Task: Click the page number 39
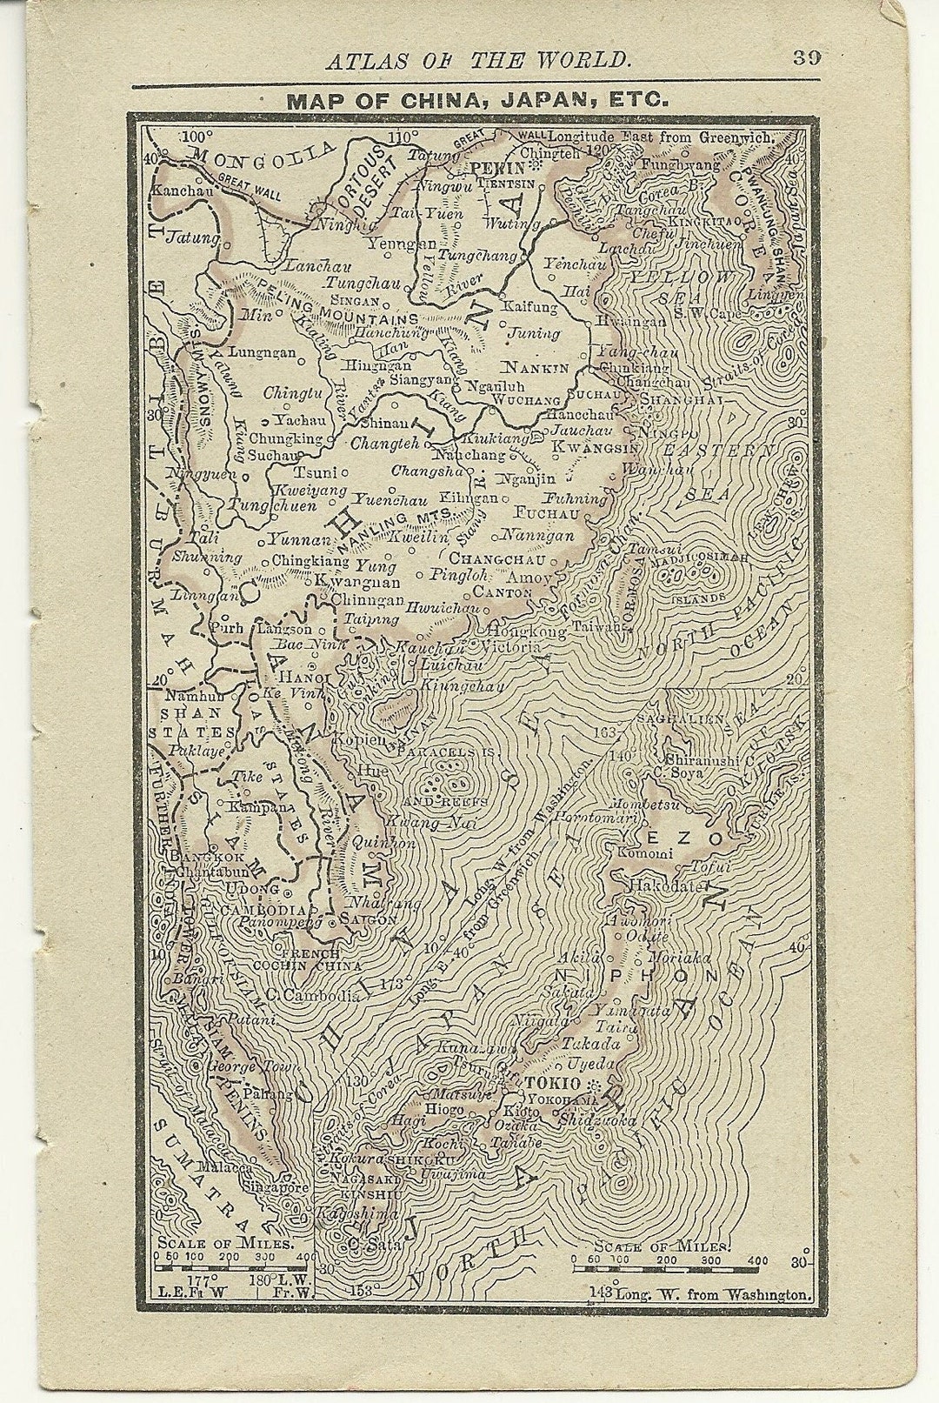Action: pos(806,58)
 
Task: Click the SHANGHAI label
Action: pos(681,398)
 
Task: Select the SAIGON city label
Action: pos(369,919)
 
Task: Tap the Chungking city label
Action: pos(285,438)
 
